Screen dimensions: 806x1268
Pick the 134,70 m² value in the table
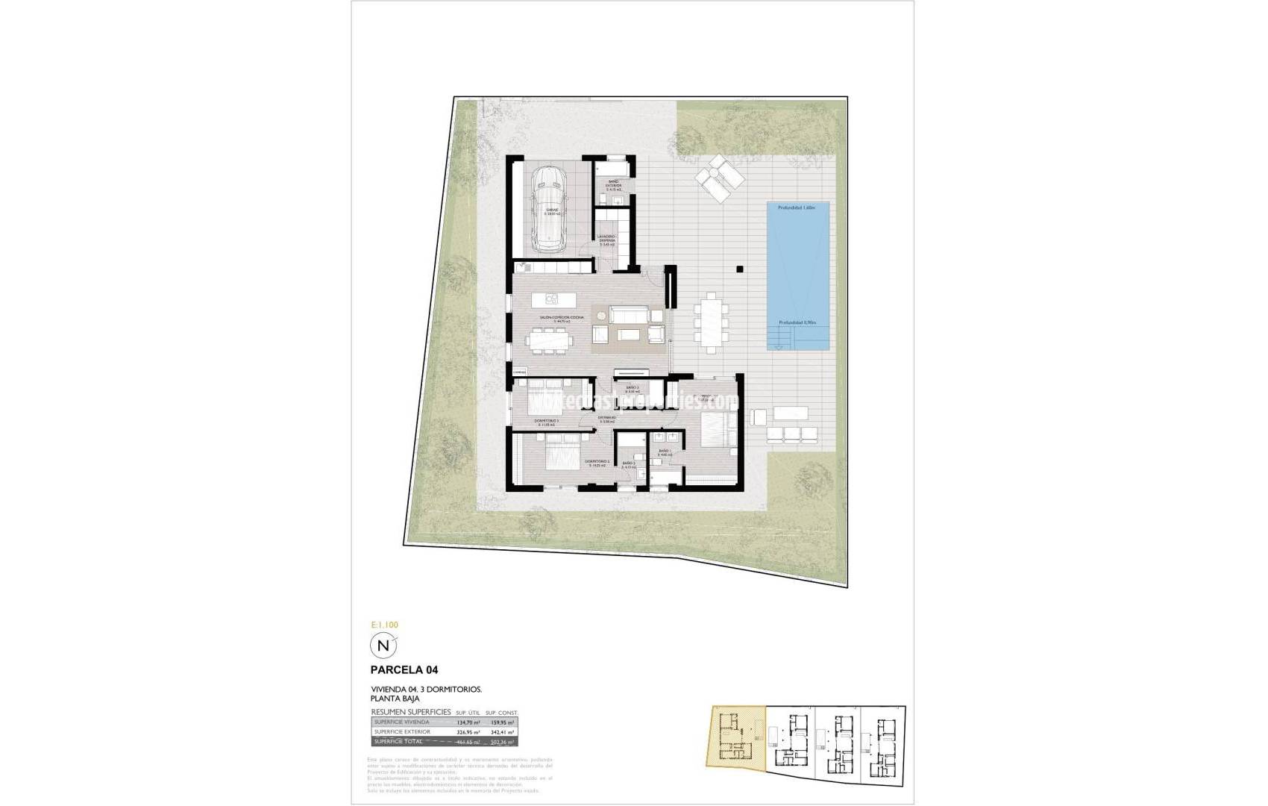[x=465, y=722]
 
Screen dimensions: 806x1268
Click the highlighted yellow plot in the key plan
[x=737, y=743]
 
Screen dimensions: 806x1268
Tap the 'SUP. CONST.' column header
[x=501, y=713]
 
